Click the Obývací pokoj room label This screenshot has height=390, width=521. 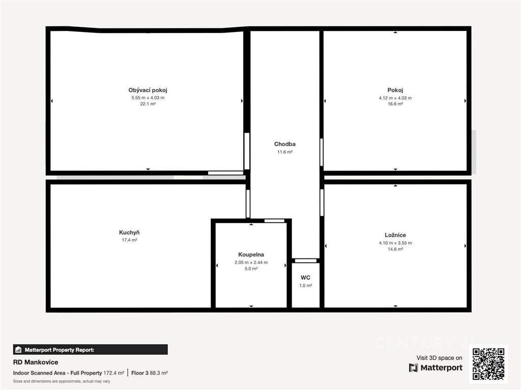click(x=148, y=90)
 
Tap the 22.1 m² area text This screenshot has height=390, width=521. click(x=148, y=104)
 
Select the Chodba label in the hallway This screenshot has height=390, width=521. click(x=285, y=144)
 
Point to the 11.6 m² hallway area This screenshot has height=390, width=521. click(x=285, y=152)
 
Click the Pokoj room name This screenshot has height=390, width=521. click(x=395, y=90)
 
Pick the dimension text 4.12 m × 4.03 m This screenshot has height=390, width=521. click(x=395, y=98)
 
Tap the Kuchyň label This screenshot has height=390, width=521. click(x=129, y=233)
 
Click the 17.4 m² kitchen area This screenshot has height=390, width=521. click(x=129, y=240)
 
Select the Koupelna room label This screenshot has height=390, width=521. click(x=251, y=255)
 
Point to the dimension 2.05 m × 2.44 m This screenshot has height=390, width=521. click(x=251, y=263)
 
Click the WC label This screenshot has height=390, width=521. click(x=305, y=278)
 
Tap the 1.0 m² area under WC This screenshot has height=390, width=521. click(x=306, y=285)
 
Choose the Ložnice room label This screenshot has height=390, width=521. click(x=395, y=235)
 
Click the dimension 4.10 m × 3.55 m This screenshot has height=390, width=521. click(x=395, y=243)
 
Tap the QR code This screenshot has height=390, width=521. click(x=488, y=364)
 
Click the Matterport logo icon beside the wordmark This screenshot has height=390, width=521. click(x=413, y=368)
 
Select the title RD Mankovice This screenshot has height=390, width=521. click(x=36, y=362)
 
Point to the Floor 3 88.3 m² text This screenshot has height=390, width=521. click(x=150, y=373)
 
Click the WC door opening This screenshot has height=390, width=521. click(x=306, y=261)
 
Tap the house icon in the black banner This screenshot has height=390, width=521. click(x=18, y=349)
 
